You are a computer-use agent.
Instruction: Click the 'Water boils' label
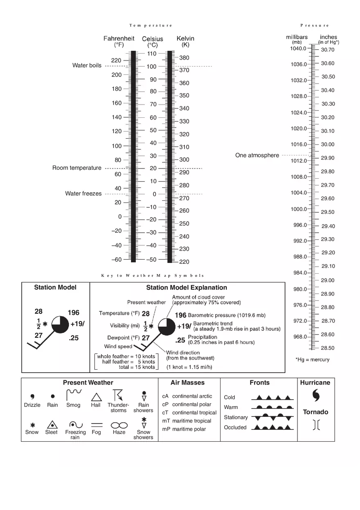point(87,65)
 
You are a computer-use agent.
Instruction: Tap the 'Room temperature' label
point(76,168)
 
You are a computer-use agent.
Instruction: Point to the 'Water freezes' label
point(83,194)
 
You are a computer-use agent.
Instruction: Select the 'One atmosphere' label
point(257,155)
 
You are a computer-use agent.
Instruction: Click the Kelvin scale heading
point(185,41)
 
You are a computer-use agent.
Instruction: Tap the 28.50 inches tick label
point(327,348)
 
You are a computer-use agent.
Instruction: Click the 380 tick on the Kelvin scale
point(184,58)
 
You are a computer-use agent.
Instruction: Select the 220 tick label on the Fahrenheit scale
point(116,61)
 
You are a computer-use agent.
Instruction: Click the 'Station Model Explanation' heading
point(187,288)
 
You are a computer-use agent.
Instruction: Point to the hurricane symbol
point(316,395)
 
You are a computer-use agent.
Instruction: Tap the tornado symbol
point(316,425)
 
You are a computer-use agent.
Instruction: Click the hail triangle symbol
point(96,397)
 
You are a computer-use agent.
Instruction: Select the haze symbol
point(119,425)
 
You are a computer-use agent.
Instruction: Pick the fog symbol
point(97,425)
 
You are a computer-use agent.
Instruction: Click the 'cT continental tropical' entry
point(189,413)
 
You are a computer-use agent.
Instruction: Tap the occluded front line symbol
point(272,427)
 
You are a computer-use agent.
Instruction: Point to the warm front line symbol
point(272,407)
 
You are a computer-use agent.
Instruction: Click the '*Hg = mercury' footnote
point(312,360)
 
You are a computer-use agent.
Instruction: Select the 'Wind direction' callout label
point(183,353)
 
